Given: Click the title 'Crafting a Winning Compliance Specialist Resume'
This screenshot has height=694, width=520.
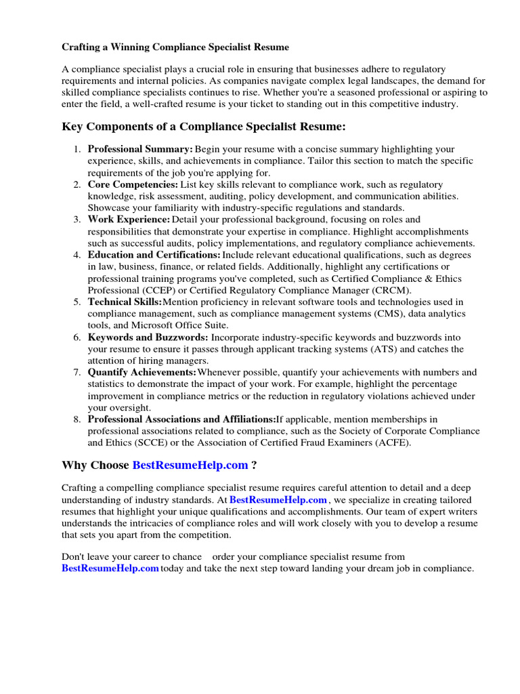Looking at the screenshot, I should click(x=175, y=47).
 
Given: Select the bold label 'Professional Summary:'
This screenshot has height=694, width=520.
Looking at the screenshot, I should click(x=140, y=149).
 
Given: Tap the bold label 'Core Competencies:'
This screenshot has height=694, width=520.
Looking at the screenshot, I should click(x=133, y=184).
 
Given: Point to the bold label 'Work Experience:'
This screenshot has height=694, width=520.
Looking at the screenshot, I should click(x=129, y=220).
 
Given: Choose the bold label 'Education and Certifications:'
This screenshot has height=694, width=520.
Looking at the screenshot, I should click(x=154, y=255).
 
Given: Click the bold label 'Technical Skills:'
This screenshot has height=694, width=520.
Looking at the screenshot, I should click(x=125, y=302).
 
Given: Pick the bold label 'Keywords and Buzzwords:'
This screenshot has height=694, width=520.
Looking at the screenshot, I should click(x=148, y=338).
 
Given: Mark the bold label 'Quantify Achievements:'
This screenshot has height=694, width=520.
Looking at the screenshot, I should click(x=142, y=373).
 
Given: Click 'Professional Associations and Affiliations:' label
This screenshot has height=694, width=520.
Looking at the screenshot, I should click(x=181, y=420).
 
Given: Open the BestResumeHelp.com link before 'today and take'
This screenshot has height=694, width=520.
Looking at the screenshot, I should click(x=110, y=569).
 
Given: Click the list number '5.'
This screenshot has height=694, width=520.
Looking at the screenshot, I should click(x=77, y=302).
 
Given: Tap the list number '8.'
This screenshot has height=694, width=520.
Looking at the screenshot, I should click(x=77, y=420).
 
